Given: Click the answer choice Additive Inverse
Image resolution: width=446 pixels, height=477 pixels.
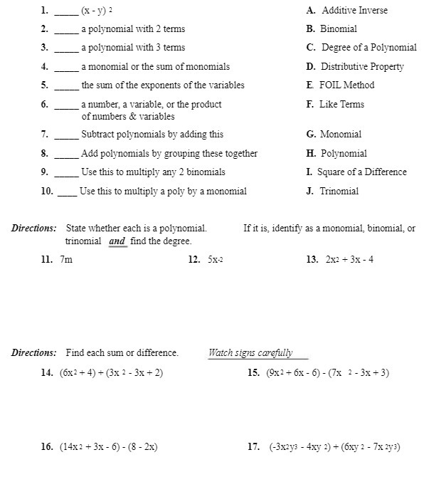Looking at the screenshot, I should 354,11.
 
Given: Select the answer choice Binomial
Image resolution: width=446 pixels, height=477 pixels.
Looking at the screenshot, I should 338,29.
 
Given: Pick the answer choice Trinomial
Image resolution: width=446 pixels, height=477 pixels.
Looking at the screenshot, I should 339,192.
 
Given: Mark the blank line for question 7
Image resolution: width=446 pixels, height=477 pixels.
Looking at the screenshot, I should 66,137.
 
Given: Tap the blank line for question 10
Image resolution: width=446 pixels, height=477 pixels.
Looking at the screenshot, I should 67,194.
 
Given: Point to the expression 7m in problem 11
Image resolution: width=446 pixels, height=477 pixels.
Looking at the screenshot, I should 66,260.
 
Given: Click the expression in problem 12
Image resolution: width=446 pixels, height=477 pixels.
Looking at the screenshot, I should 216,260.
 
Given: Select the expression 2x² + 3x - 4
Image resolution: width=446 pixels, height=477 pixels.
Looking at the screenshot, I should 349,260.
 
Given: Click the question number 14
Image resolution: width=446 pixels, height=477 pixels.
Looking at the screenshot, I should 48,373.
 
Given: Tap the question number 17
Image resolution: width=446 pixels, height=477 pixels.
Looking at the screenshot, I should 253,447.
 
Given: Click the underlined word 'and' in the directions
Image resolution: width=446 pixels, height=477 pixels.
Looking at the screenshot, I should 117,242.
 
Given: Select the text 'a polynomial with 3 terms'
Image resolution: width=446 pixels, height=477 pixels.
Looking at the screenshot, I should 133,48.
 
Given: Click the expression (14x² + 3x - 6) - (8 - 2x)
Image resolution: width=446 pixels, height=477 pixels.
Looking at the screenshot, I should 109,447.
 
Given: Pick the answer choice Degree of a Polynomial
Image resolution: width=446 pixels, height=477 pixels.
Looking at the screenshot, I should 368,48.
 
